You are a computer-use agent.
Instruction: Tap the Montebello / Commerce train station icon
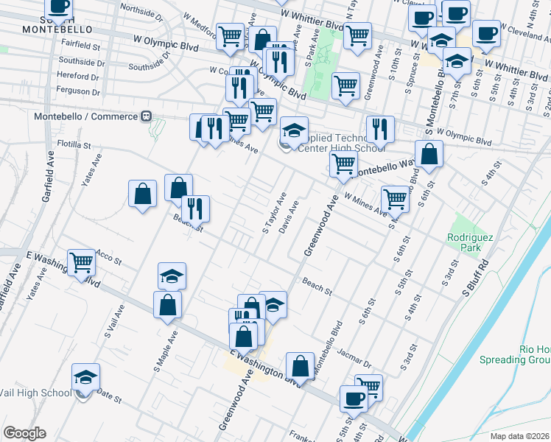point(147,116)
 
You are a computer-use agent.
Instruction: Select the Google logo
point(24,433)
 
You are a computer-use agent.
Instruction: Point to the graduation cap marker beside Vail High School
point(85,377)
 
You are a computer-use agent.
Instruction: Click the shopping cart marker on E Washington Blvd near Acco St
point(81,262)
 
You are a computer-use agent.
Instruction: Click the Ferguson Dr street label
point(80,91)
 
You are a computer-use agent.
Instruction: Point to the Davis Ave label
point(289,218)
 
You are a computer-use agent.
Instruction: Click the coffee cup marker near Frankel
point(354,399)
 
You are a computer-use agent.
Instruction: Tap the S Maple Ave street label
point(166,349)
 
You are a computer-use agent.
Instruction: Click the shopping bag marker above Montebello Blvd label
point(300,365)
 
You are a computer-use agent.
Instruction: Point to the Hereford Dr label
point(78,76)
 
